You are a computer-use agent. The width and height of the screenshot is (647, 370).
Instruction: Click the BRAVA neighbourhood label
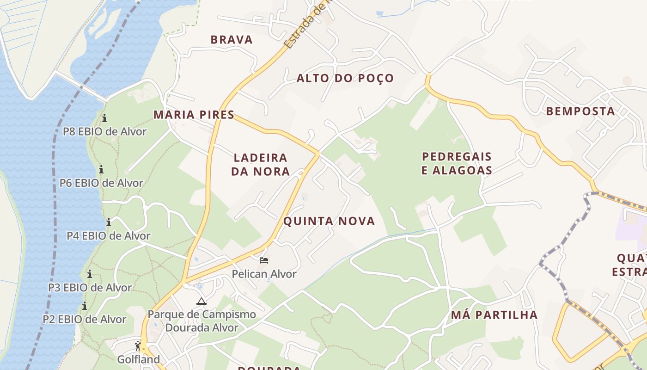point(232,40)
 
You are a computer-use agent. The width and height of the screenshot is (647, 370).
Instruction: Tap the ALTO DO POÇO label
point(345,78)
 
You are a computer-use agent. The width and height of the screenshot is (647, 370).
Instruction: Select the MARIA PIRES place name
point(194,115)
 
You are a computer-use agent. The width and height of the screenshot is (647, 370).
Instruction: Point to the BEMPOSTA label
point(580,111)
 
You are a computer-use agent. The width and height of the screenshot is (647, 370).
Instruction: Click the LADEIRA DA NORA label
point(260,165)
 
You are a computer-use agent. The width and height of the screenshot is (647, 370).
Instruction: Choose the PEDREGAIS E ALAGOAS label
point(457,163)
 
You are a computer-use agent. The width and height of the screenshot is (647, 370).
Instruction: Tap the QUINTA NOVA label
point(329,221)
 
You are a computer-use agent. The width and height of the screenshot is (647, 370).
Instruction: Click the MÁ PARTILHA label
point(494,315)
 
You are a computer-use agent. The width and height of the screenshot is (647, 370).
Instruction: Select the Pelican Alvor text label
point(264,274)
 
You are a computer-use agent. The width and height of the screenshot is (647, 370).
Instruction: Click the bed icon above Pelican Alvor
point(264,260)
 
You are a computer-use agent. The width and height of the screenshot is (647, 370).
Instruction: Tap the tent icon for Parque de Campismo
point(201,302)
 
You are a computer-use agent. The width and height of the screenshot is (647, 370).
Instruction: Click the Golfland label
point(138,359)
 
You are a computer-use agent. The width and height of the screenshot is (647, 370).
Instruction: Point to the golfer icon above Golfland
point(138,345)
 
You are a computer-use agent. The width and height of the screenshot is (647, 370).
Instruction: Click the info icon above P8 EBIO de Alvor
point(104,118)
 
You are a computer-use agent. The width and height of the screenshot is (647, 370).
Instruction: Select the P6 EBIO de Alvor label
point(101,183)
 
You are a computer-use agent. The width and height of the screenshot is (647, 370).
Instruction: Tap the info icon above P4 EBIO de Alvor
point(109,222)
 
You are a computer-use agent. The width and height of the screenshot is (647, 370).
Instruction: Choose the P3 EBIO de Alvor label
point(90,287)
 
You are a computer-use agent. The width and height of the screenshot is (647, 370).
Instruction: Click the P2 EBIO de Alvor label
point(84,319)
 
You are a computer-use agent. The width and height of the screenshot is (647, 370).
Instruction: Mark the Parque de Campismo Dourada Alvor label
point(201,321)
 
